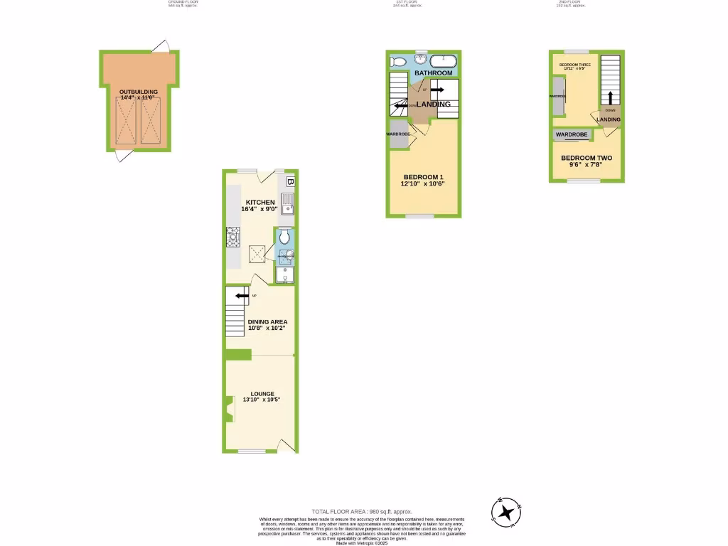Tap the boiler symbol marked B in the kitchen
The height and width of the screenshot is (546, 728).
pos(290,182)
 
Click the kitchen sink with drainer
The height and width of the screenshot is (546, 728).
pos(287,205)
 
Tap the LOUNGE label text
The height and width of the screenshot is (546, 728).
pos(262,392)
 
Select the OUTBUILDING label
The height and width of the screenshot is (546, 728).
pos(138,92)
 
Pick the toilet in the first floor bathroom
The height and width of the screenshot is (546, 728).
pos(398,62)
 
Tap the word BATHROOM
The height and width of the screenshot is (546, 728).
pos(434,73)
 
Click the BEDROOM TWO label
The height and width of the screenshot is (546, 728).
pos(586,158)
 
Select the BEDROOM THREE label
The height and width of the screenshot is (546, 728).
pos(574,65)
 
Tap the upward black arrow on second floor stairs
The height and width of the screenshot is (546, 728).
pos(609,97)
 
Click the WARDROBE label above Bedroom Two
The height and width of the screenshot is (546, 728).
pos(571,134)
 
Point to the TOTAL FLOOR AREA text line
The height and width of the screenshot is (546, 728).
pos(362,511)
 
